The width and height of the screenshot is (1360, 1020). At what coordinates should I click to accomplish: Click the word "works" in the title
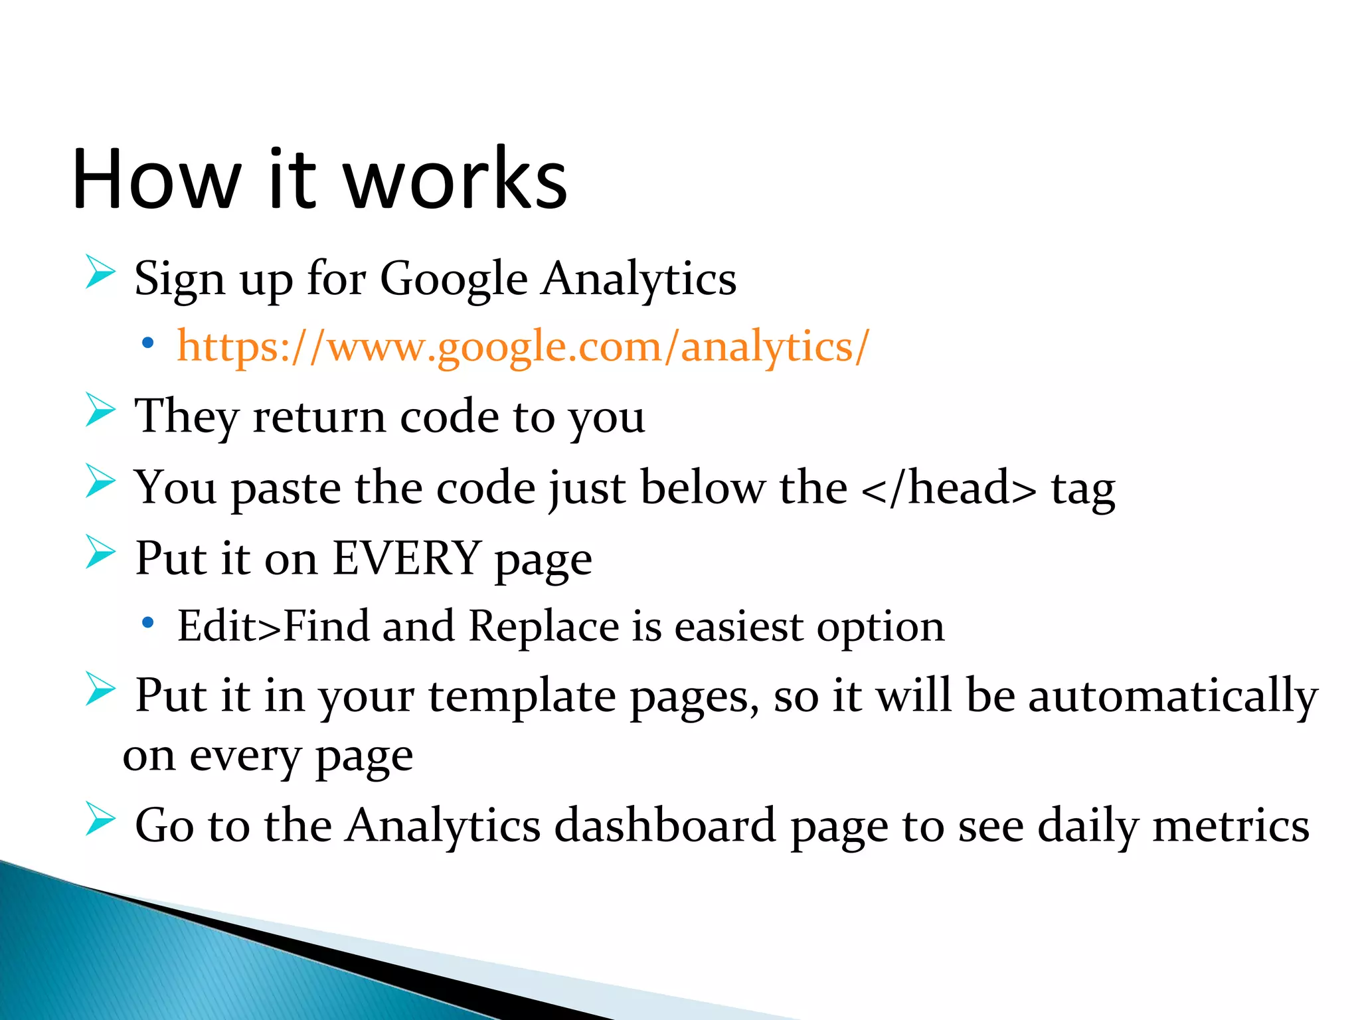pos(456,179)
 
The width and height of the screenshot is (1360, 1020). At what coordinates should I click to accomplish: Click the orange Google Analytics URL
pos(523,346)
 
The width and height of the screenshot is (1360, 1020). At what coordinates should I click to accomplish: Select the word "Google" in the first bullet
pos(454,279)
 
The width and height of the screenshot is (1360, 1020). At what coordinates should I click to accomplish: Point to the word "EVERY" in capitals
pos(406,558)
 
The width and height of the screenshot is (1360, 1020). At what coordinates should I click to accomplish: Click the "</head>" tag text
pos(948,488)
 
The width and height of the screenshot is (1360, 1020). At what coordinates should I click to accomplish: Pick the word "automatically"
pos(1173,696)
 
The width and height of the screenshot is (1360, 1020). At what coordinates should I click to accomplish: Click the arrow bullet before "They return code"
pos(100,410)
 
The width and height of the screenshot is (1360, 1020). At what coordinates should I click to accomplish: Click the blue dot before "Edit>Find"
pos(147,623)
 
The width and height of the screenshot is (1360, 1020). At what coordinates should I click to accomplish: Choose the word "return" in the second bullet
pos(319,417)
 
